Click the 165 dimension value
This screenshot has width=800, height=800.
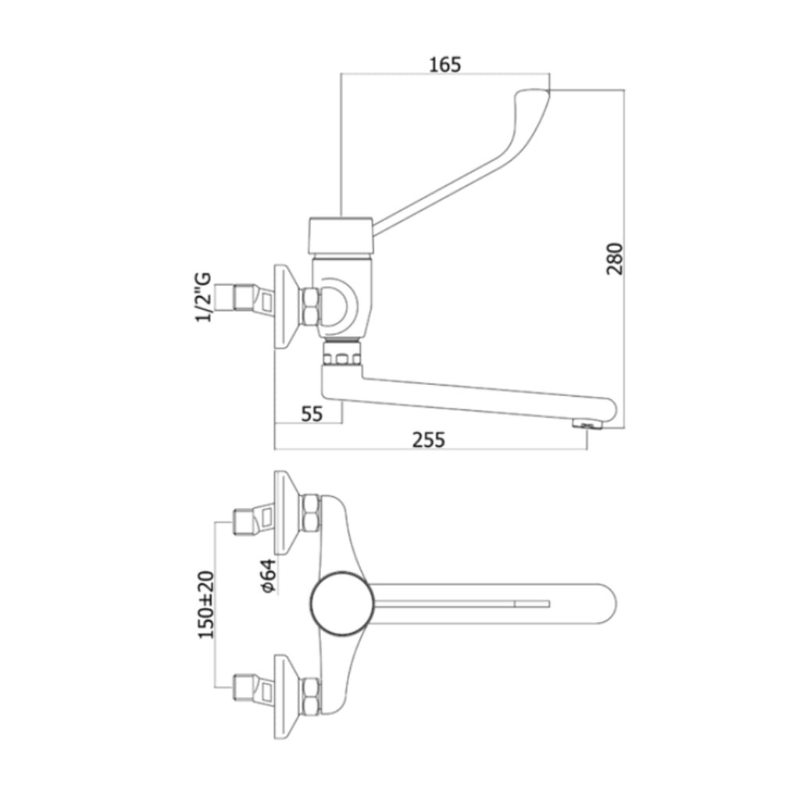click(x=445, y=64)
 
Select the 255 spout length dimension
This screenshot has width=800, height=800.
click(x=430, y=440)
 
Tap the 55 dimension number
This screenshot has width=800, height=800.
click(x=312, y=414)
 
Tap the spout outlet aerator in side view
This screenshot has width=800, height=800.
click(x=587, y=424)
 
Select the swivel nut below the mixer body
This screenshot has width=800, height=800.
click(x=341, y=356)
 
